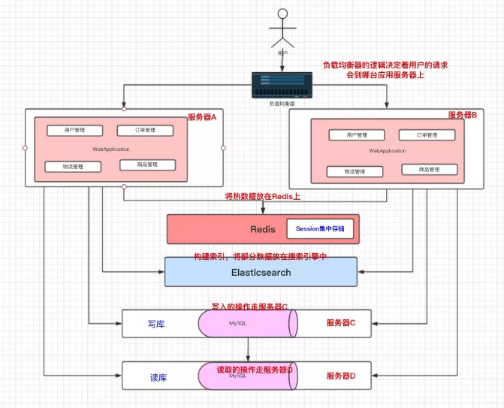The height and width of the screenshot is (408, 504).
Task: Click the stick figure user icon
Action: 282,30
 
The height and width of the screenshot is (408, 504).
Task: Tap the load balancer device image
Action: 282,84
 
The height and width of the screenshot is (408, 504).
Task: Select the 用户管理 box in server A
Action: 75,130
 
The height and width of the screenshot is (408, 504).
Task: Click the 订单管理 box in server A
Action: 146,130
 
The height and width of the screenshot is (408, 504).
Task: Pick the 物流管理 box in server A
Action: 73,166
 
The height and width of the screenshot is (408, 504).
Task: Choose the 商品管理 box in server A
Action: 146,165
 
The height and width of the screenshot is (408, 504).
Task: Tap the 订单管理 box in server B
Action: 427,135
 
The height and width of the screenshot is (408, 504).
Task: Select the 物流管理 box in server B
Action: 355,171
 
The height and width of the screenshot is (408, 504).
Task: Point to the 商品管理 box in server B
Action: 429,170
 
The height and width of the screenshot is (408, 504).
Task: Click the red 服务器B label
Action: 463,114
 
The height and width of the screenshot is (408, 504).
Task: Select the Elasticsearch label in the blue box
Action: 261,272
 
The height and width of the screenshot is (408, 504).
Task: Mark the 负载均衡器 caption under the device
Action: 282,103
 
